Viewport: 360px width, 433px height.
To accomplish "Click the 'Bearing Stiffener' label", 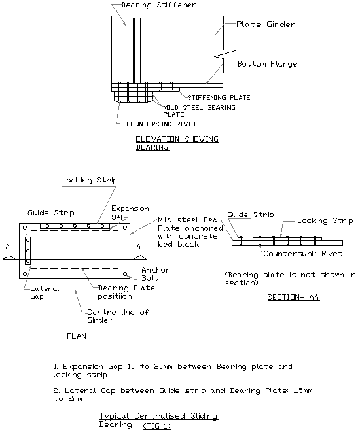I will click(149, 5).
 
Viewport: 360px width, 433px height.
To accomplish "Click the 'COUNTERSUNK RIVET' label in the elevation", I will click(147, 122).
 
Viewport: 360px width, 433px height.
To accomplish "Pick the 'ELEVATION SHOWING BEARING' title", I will click(177, 143).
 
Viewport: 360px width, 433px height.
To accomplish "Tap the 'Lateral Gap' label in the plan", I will click(45, 292).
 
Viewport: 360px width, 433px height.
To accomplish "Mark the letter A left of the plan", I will click(9, 247).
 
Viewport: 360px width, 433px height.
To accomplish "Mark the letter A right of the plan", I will click(138, 247).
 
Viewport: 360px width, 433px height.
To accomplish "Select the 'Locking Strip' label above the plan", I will click(81, 181).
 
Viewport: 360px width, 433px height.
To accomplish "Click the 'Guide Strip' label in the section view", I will click(249, 215).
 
